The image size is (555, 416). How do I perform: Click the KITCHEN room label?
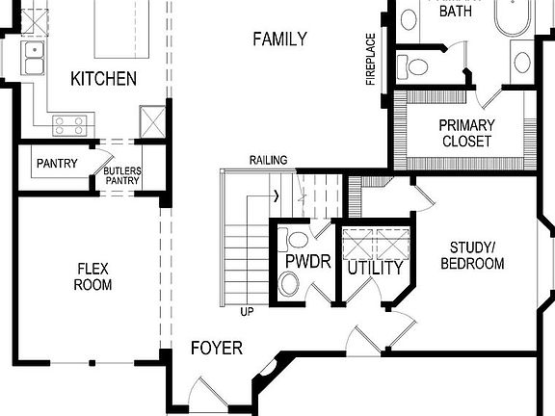click(x=103, y=79)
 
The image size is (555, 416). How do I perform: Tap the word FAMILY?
click(x=279, y=39)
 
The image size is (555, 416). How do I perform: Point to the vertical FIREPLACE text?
click(x=370, y=60)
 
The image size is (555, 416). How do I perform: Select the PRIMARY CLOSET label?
click(x=466, y=133)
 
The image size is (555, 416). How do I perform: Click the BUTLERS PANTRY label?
click(x=122, y=174)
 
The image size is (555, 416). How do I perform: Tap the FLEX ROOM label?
click(x=93, y=277)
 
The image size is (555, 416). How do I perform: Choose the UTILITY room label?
click(x=375, y=268)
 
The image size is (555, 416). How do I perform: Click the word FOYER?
click(x=216, y=348)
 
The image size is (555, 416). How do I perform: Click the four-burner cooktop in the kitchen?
click(x=70, y=123)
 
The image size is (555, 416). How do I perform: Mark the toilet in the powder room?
click(x=289, y=283)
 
